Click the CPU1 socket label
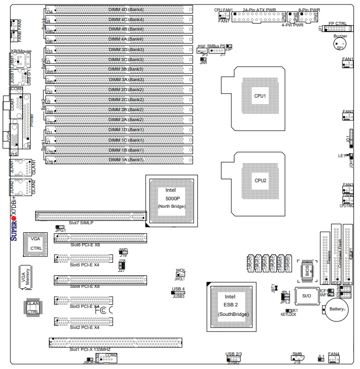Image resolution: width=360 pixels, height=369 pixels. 260,96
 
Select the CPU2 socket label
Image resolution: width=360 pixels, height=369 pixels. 260,181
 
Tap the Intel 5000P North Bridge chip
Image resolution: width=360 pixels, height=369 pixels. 171,198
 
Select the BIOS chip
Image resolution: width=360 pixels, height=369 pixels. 306,270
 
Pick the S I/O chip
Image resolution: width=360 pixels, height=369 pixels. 306,296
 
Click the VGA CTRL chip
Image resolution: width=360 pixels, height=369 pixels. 36,243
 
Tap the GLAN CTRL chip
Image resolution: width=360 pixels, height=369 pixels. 33,307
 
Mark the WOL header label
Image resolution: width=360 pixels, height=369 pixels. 180,271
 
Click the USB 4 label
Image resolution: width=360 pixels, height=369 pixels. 178,289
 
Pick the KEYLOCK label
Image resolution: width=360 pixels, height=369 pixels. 288,314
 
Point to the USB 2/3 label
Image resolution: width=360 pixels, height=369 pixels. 234,354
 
